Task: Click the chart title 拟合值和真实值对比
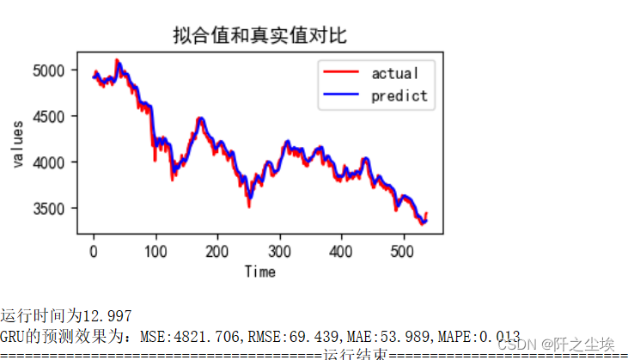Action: coord(259,35)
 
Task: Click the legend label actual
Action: coord(394,73)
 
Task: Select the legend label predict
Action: coord(399,95)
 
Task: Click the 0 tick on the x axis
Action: coord(94,251)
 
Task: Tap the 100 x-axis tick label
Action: coord(155,251)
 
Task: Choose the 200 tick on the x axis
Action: coord(217,251)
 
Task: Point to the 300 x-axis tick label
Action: coord(279,251)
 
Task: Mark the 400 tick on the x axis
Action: coord(341,251)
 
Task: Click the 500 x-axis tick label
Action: coord(403,251)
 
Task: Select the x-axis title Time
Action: coord(259,272)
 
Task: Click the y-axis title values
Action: coord(18,143)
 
